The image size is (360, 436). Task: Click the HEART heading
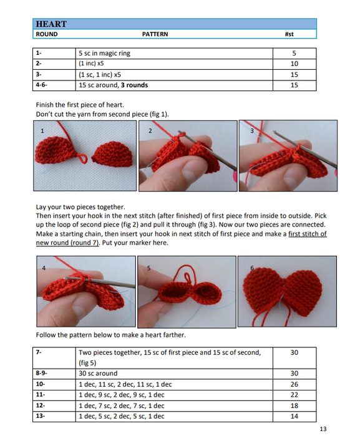[x=51, y=24]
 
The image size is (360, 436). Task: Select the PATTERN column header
[x=155, y=34]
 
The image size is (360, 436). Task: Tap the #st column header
[x=289, y=34]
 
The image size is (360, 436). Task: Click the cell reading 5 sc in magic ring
[x=104, y=53]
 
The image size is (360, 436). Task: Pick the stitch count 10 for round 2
[x=294, y=64]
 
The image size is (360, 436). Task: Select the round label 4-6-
[x=41, y=85]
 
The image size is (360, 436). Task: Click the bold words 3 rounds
[x=134, y=85]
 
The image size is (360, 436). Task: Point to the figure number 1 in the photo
[x=42, y=131]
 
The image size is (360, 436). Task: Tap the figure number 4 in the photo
[x=44, y=268]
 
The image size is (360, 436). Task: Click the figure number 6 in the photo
[x=252, y=268]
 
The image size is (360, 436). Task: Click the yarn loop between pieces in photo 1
[x=82, y=158]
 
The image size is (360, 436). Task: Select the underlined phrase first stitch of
[x=308, y=234]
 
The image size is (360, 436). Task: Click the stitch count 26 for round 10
[x=294, y=384]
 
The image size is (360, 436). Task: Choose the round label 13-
[x=41, y=416]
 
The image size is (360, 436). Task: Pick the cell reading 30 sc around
[x=98, y=373]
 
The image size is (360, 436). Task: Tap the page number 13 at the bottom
[x=323, y=429]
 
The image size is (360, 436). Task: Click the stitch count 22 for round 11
[x=294, y=395]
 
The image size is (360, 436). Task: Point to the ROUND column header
[x=47, y=34]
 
